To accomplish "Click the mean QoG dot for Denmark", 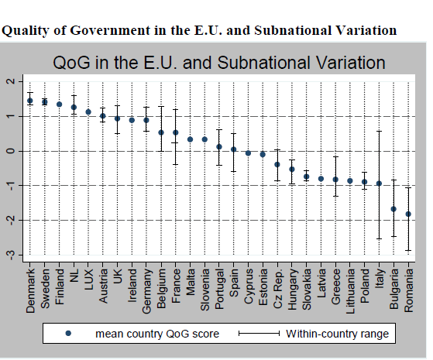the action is [x=30, y=101].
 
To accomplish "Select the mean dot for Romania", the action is [x=408, y=214].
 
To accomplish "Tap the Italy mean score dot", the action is [x=379, y=183].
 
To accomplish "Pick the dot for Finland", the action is [x=59, y=105].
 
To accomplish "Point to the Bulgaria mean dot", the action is [x=393, y=209].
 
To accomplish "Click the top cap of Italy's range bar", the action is [x=379, y=131].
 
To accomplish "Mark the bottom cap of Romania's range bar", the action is [x=408, y=250].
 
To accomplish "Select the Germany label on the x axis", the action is [x=146, y=291].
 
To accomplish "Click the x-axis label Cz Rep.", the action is [x=277, y=289].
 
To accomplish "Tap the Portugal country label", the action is [x=219, y=290].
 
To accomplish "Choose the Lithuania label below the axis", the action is [x=350, y=291].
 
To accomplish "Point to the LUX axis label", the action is [x=88, y=279].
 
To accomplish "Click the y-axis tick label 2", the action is [x=11, y=81].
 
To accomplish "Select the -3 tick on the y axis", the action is [x=11, y=255].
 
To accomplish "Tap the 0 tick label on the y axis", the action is [x=11, y=151].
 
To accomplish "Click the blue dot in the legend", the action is [x=68, y=334].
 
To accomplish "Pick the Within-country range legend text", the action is [x=337, y=334].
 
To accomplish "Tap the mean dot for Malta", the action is [x=190, y=139].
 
